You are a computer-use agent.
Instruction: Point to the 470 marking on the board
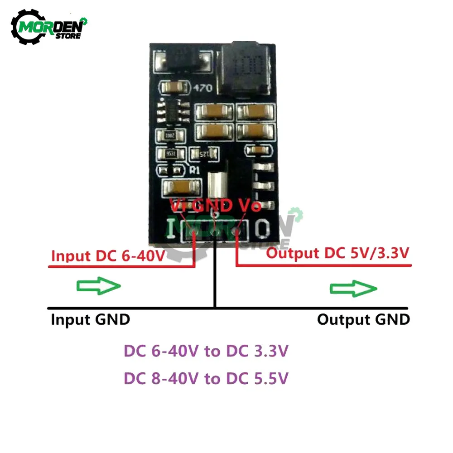click(202, 88)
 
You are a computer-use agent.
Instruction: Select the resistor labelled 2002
click(170, 135)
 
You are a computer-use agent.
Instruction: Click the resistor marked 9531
click(170, 154)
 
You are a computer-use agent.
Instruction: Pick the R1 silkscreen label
click(195, 170)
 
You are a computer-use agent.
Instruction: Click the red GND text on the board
click(213, 206)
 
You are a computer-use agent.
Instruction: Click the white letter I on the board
click(172, 229)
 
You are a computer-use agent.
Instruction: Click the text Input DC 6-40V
click(108, 255)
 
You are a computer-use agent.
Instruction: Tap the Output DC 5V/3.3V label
click(338, 253)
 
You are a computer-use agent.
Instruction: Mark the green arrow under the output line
click(353, 288)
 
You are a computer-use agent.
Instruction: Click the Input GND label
click(90, 319)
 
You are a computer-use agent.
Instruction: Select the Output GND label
click(363, 319)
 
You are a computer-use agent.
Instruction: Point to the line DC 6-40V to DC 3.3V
click(206, 352)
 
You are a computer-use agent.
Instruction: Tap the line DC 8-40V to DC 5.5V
click(206, 378)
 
